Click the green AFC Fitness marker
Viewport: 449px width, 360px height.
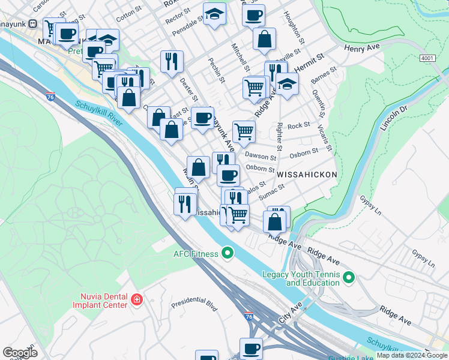[x=227, y=253]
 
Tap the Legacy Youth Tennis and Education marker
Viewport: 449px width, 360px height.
[x=349, y=278]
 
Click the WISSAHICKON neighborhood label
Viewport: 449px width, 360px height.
[x=306, y=174]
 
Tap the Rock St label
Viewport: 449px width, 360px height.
[x=298, y=125]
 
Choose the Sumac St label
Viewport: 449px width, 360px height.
[x=272, y=191]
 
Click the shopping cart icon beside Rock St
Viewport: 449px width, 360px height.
[x=244, y=131]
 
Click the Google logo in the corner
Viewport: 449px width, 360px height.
[x=20, y=352]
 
